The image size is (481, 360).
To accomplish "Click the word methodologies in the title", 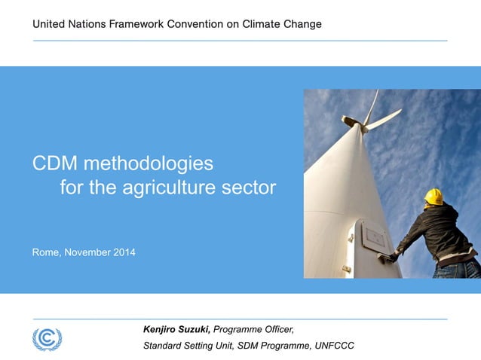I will pos(149,163).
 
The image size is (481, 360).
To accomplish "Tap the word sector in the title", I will pos(252,188).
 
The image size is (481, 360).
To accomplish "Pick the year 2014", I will pos(124,252).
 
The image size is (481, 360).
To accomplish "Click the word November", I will pos(87,252).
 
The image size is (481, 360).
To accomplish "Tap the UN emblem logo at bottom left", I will pos(47,338).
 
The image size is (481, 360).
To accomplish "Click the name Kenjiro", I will pos(162,329).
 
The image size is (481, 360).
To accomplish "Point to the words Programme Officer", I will pos(254,329).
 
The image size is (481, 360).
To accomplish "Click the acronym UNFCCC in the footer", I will pos(335,346).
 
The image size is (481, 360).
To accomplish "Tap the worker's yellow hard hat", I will pos(434,197).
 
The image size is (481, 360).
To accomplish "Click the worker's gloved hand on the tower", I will pos(392,257).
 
